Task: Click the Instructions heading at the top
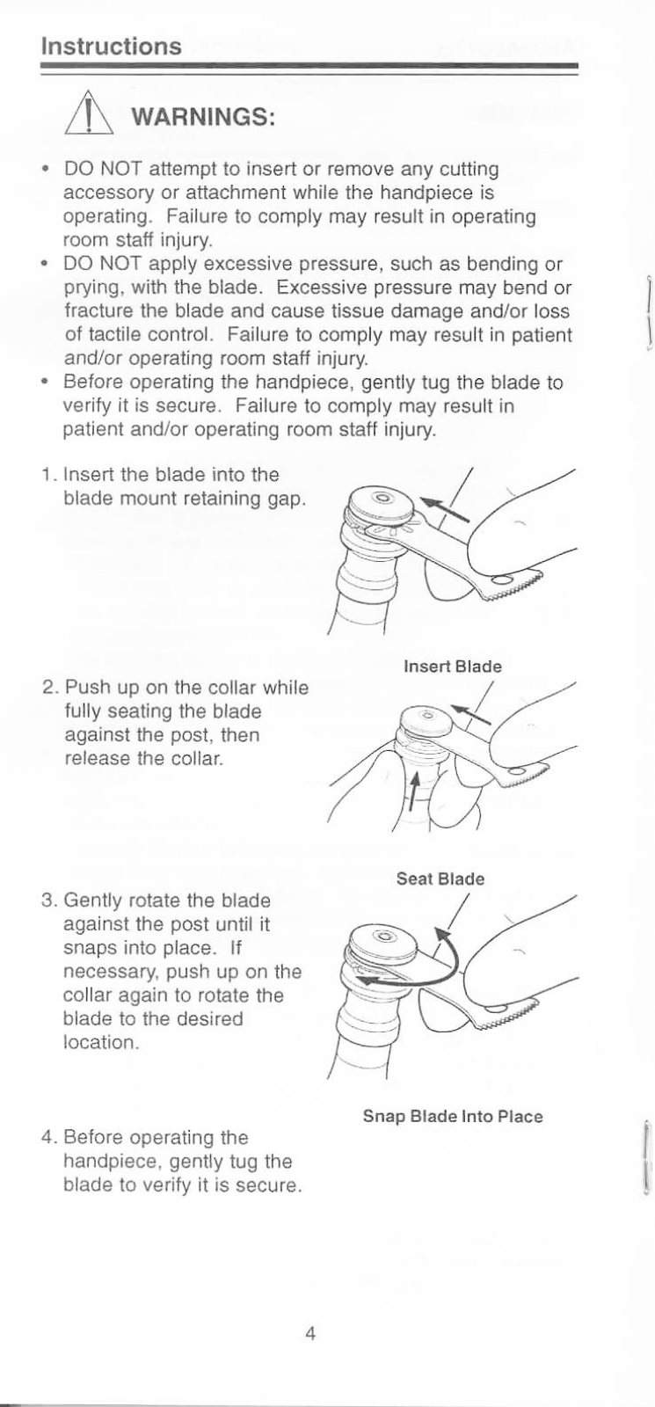point(111,46)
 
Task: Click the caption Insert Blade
point(452,666)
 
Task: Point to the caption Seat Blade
point(440,878)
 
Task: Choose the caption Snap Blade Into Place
point(453,1116)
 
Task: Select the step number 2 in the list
point(48,688)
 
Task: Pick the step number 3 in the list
point(48,900)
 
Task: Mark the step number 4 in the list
point(48,1138)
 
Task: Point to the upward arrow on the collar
point(413,791)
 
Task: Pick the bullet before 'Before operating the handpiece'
point(45,383)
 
